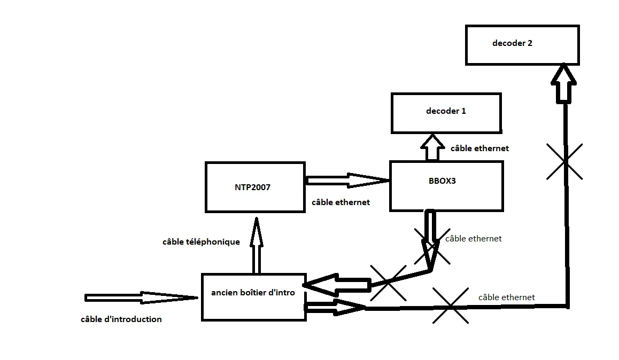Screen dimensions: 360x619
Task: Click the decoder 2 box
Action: tap(522, 45)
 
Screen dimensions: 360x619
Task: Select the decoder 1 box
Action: tap(446, 113)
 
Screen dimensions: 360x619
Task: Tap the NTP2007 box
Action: tap(255, 187)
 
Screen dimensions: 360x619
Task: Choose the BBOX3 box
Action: tap(446, 186)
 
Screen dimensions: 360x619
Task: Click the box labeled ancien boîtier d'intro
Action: tap(253, 297)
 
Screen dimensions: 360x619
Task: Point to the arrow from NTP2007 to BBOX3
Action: tap(347, 181)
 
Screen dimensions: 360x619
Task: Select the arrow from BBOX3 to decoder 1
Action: tap(432, 147)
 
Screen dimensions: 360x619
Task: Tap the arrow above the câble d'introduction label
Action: tap(141, 298)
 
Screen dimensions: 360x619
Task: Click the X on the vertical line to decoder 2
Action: tap(564, 161)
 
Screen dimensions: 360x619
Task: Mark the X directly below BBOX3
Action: tap(432, 247)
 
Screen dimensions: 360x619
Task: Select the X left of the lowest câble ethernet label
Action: tap(451, 306)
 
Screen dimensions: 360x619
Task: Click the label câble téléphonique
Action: tap(201, 242)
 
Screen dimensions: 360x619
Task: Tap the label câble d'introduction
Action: tap(121, 319)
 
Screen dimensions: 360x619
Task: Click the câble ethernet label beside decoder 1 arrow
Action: tap(479, 148)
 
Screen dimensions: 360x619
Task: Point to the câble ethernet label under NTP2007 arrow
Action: tap(341, 202)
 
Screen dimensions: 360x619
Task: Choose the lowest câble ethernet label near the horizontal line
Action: tap(506, 298)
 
